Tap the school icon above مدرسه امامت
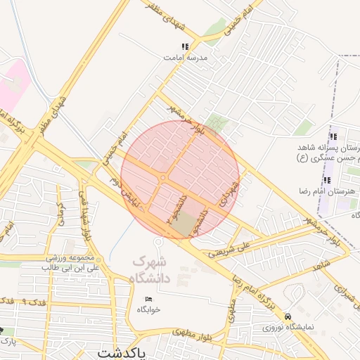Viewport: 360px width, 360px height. [184, 46]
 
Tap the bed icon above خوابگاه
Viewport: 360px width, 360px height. [148, 299]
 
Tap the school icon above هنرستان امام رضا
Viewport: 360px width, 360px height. [326, 181]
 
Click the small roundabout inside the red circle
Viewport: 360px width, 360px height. [162, 179]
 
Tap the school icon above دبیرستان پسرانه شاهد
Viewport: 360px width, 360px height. [333, 136]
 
